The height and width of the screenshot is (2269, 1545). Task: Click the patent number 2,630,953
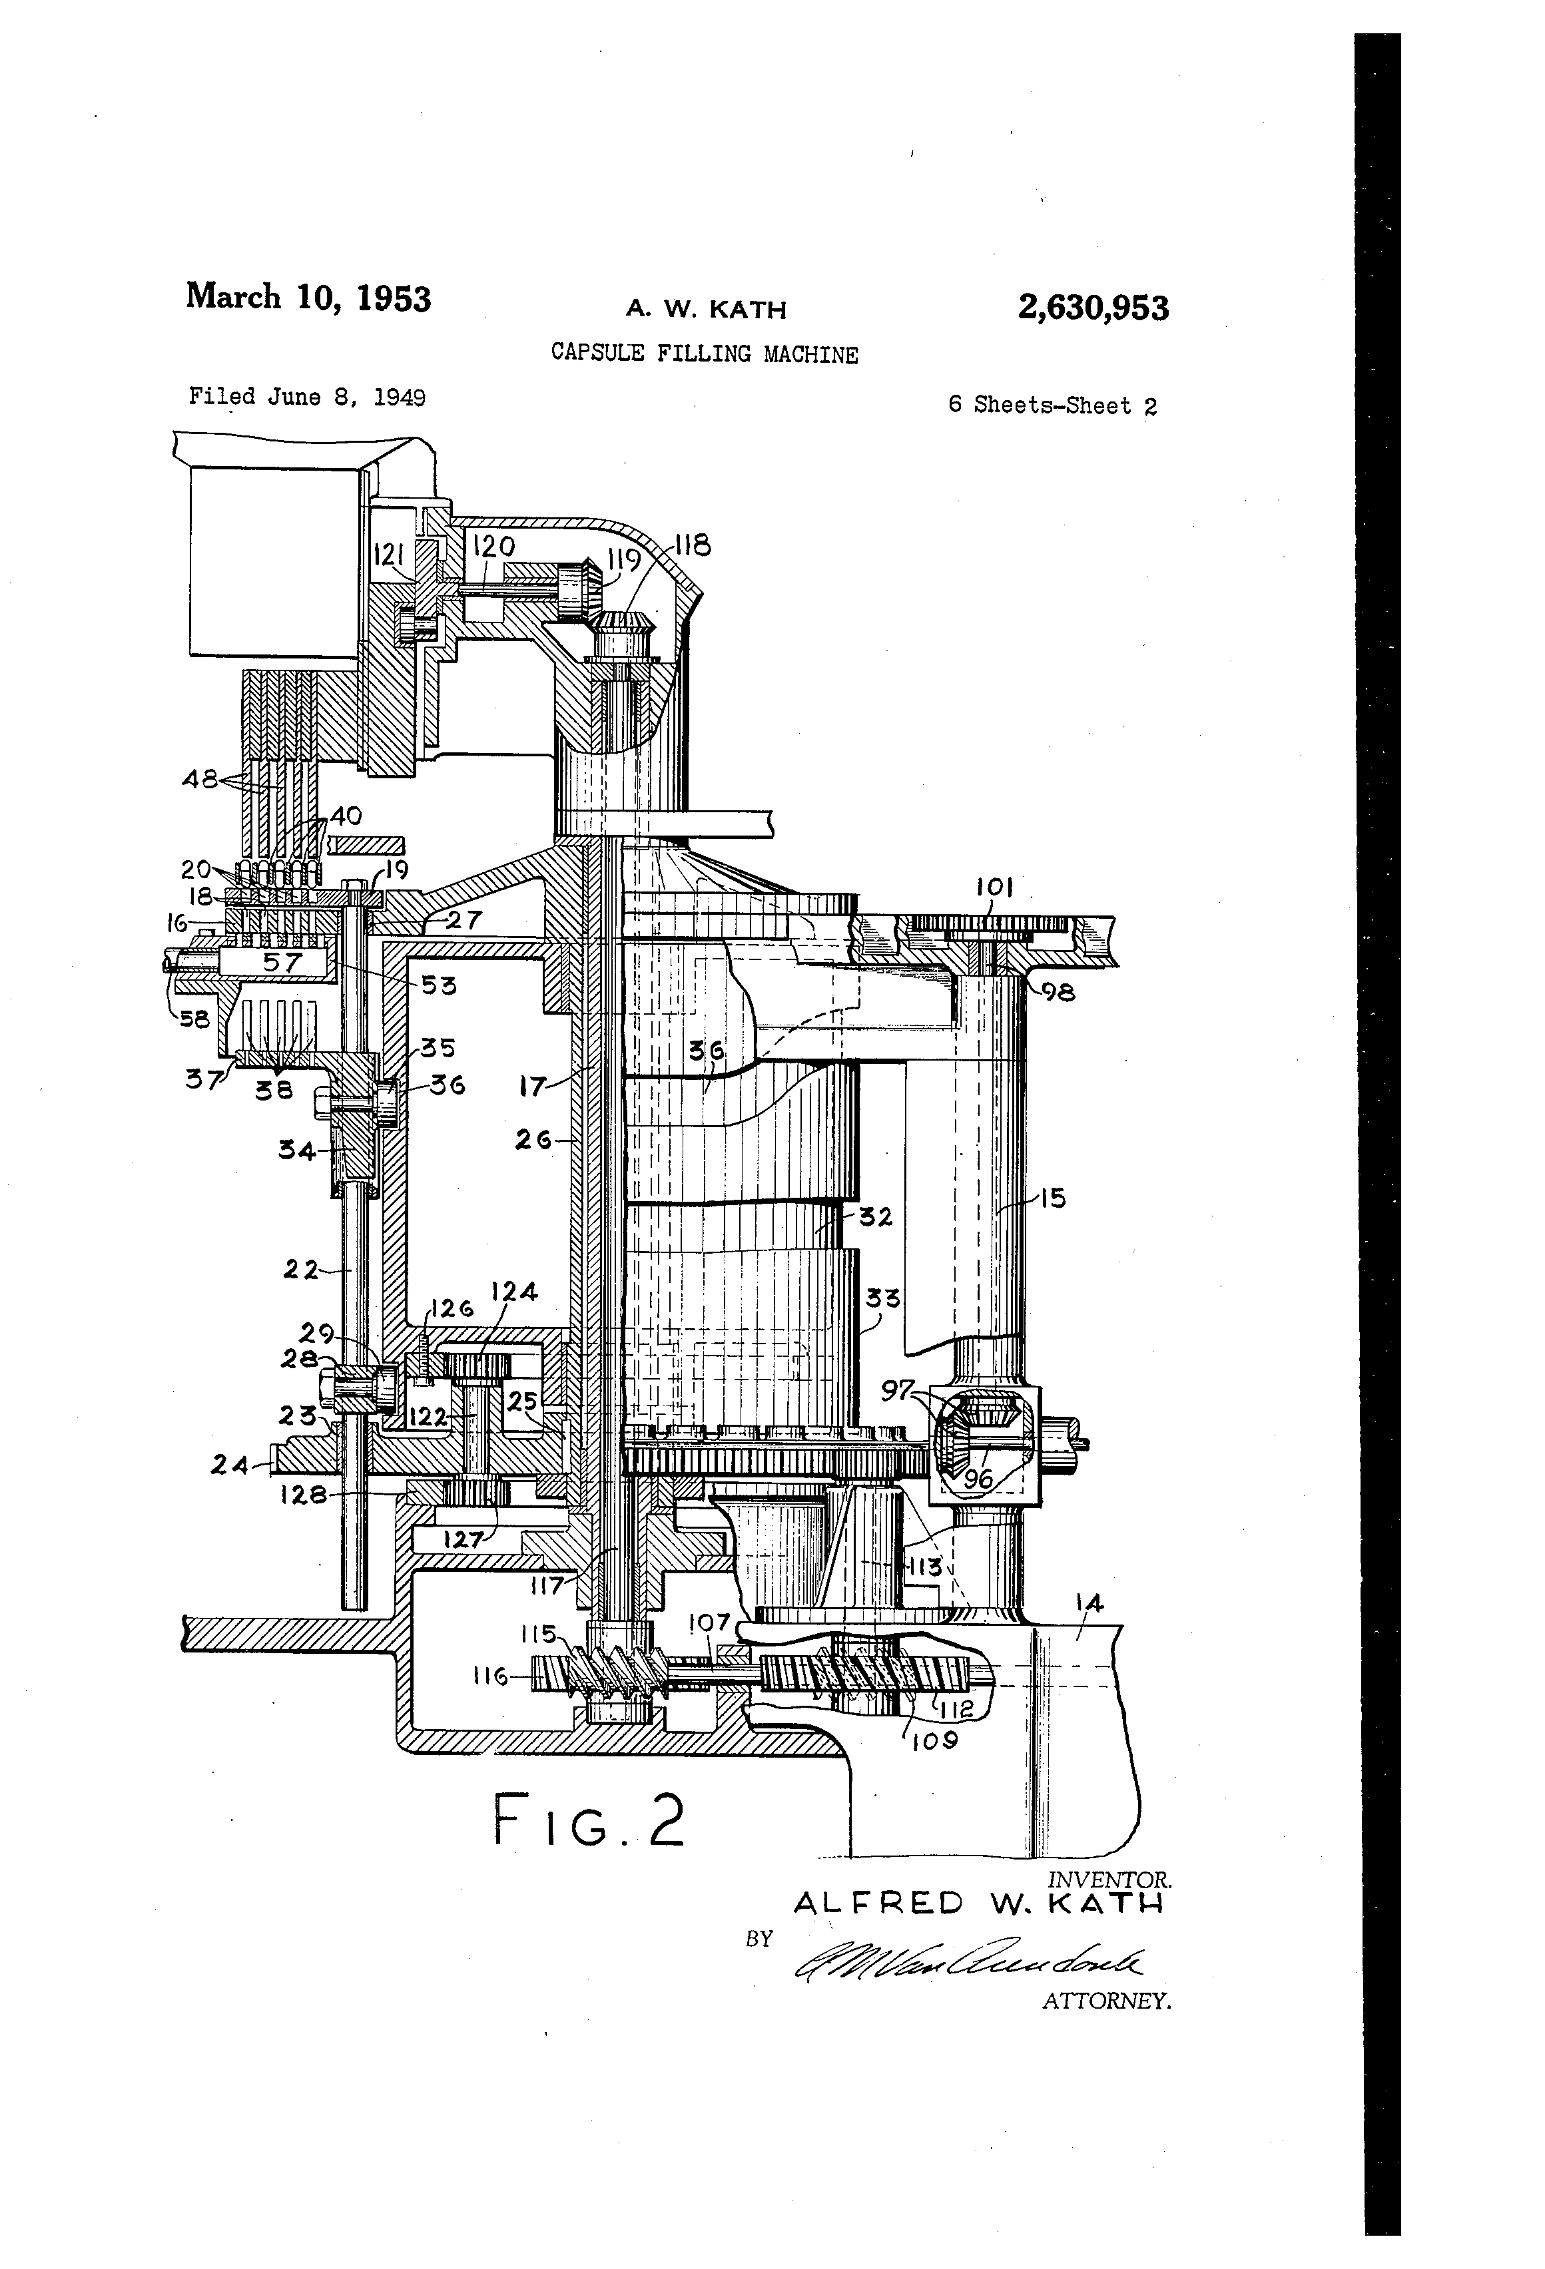point(1092,308)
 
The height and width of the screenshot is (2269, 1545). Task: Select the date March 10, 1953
point(308,297)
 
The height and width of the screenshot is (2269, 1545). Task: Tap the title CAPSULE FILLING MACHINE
point(704,354)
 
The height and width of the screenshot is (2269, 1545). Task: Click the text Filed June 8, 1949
point(306,397)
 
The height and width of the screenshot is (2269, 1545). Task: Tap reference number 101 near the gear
point(994,887)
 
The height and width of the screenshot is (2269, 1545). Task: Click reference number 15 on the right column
point(1052,1197)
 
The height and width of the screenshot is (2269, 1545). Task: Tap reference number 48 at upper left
point(200,779)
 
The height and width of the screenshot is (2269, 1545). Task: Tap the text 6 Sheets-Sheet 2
point(1052,406)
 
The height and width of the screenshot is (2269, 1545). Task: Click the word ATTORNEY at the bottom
point(1105,2001)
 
